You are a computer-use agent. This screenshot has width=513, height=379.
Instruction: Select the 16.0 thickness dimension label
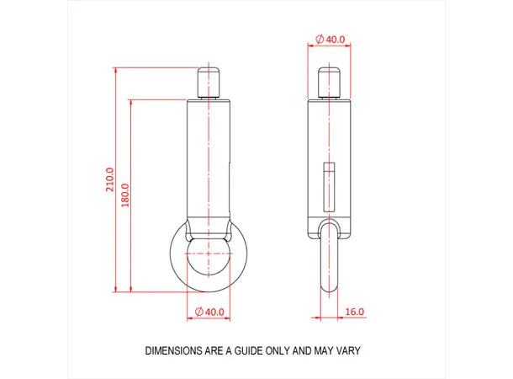pyautogui.click(x=355, y=312)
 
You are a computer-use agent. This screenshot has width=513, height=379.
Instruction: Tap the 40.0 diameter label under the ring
pyautogui.click(x=209, y=312)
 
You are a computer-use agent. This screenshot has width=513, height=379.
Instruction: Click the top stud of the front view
pyautogui.click(x=208, y=83)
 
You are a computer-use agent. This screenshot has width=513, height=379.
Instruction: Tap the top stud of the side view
pyautogui.click(x=329, y=83)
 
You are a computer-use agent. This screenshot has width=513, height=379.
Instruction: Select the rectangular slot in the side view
pyautogui.click(x=329, y=182)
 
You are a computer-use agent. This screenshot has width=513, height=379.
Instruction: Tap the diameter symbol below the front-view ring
pyautogui.click(x=199, y=312)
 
